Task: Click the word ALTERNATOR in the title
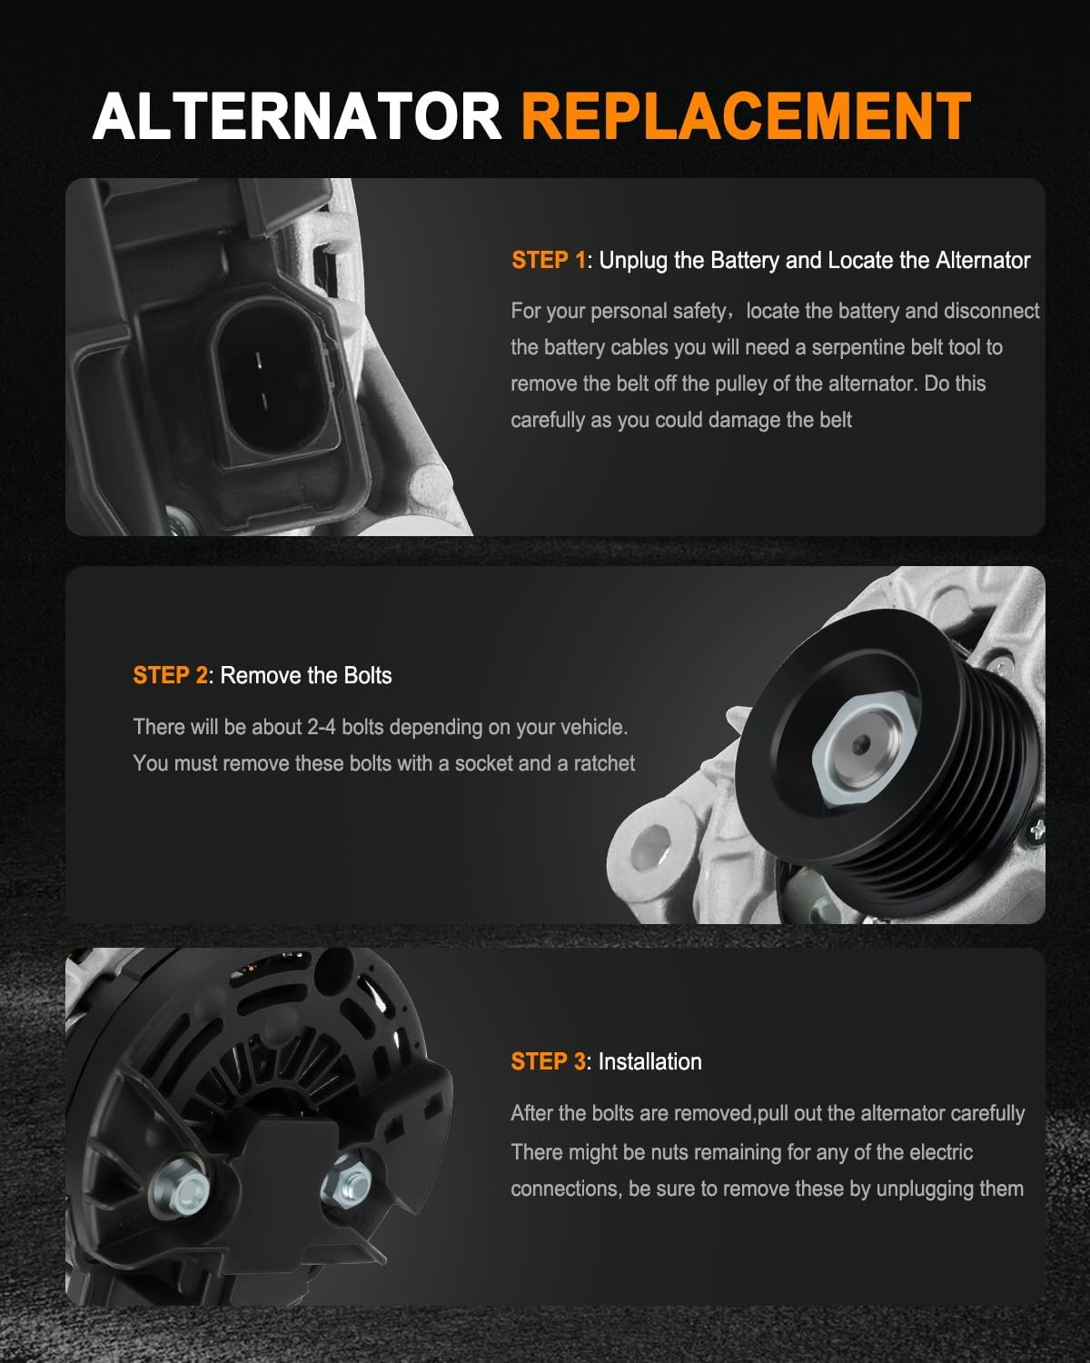pyautogui.click(x=297, y=116)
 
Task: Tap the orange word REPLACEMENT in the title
pyautogui.click(x=746, y=116)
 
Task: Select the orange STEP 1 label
pyautogui.click(x=549, y=260)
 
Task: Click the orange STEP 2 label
pyautogui.click(x=170, y=675)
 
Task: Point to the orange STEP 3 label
pyautogui.click(x=549, y=1061)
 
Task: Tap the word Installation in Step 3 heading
pyautogui.click(x=649, y=1061)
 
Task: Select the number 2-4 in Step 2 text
pyautogui.click(x=322, y=727)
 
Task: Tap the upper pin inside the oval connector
pyautogui.click(x=258, y=361)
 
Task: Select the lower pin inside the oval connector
pyautogui.click(x=264, y=401)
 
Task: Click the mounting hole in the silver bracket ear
pyautogui.click(x=652, y=848)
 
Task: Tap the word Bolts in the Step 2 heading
pyautogui.click(x=367, y=675)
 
